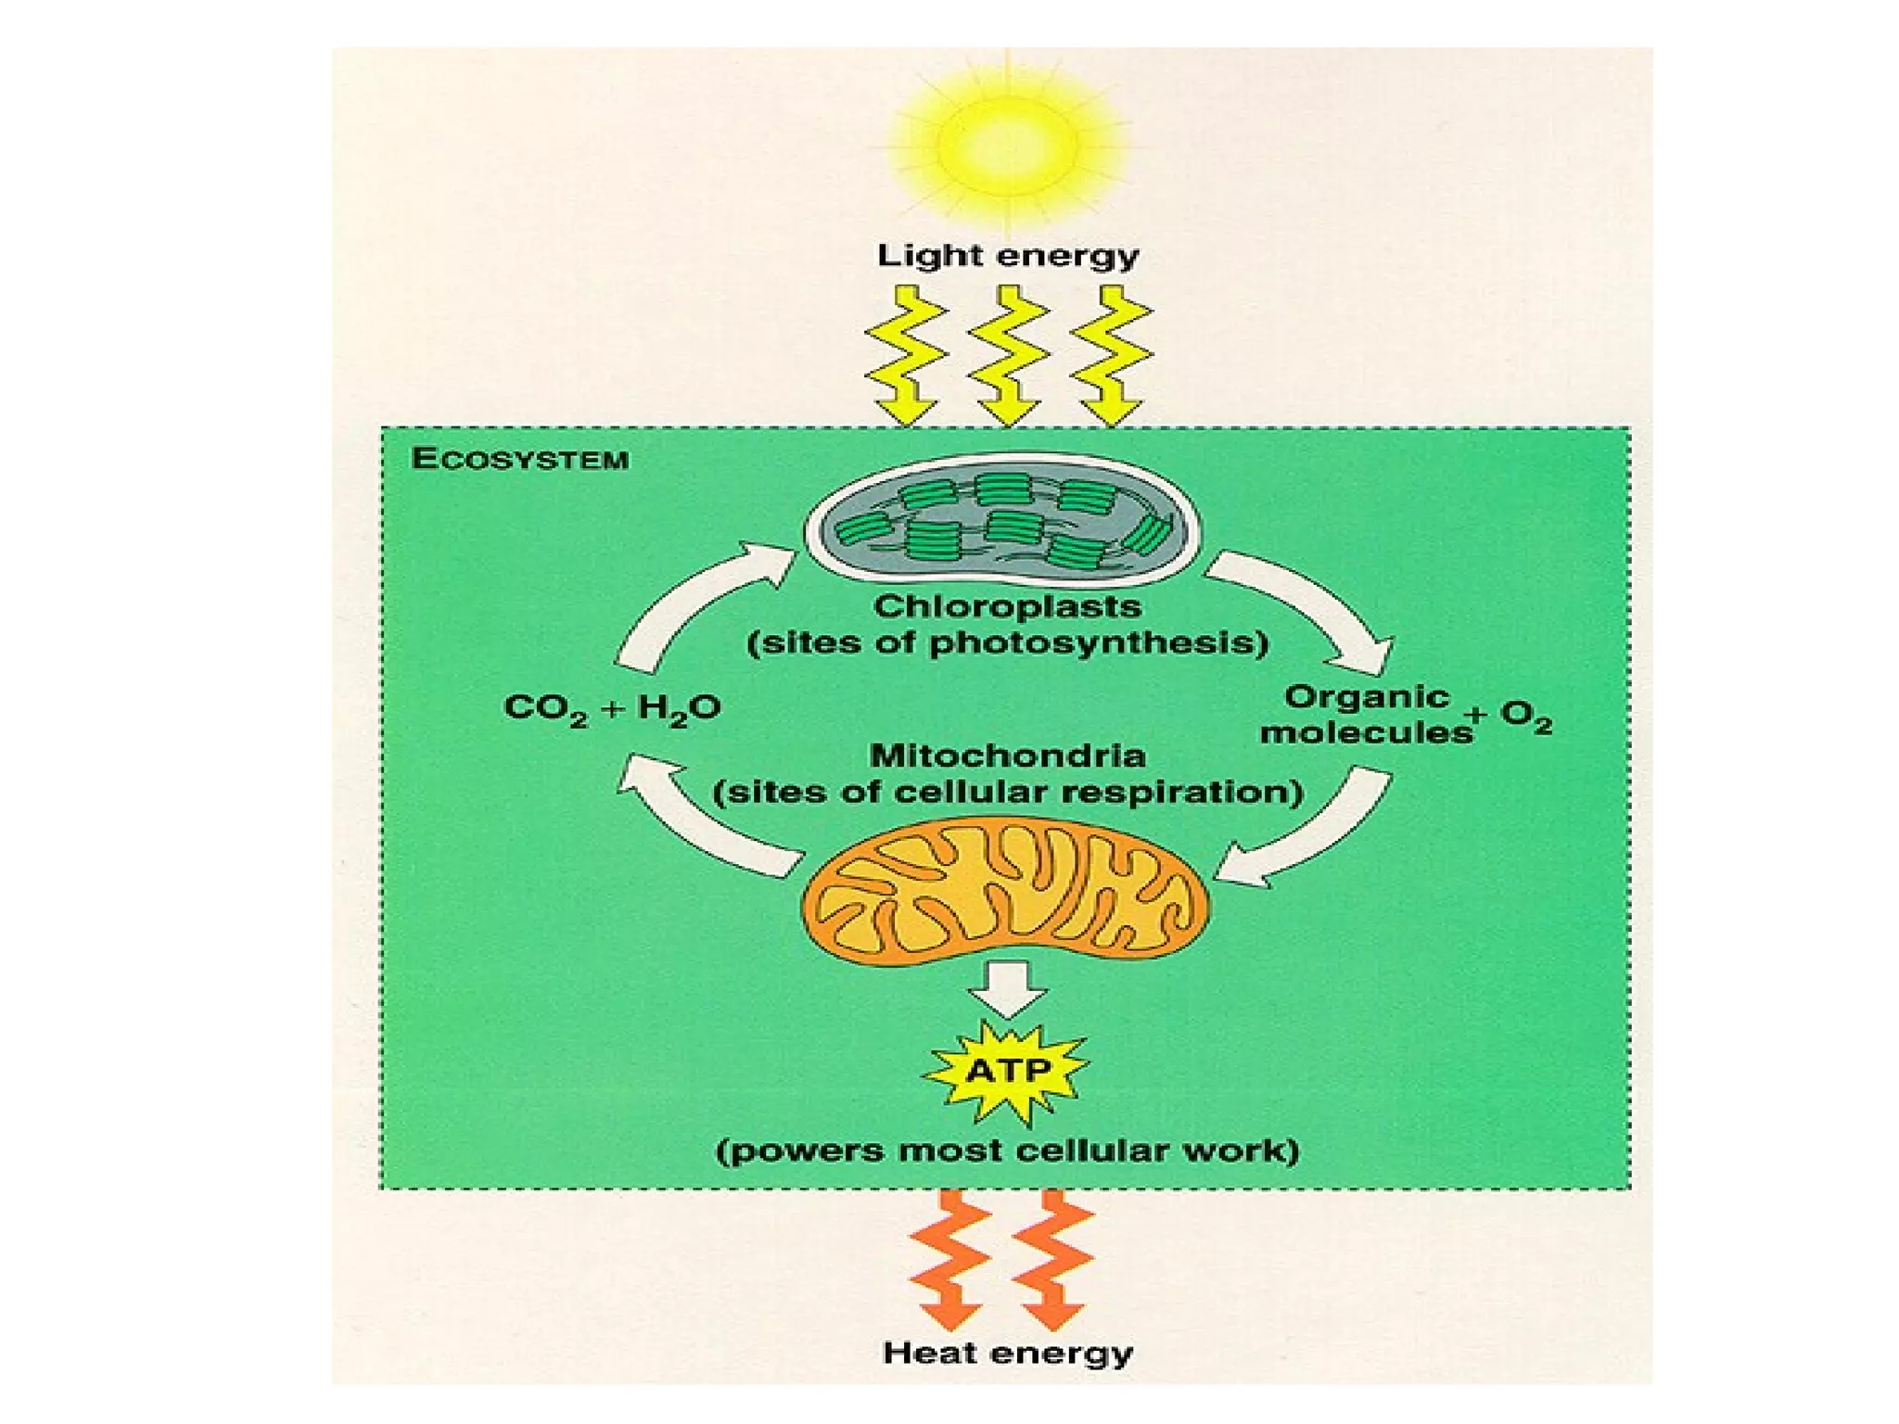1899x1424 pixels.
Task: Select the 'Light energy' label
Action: coord(1008,256)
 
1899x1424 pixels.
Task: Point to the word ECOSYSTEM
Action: coord(520,459)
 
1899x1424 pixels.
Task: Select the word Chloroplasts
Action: coord(1007,607)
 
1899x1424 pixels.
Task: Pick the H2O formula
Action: coord(679,709)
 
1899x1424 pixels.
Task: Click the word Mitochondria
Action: coord(1007,756)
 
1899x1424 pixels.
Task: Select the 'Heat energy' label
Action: coord(1008,1353)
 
